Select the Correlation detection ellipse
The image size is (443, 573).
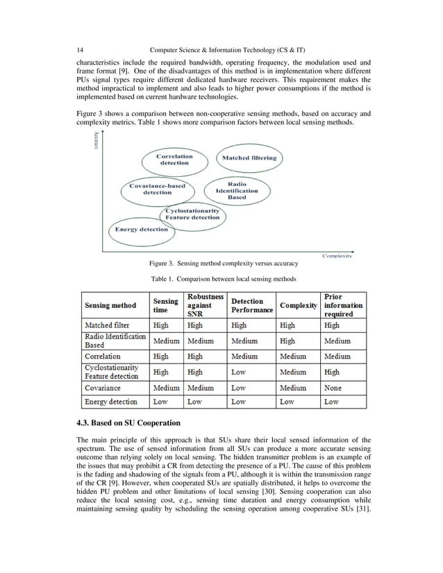(174, 160)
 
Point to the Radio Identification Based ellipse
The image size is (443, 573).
(237, 191)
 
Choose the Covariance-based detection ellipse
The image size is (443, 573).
(158, 189)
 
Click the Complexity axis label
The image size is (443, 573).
(337, 256)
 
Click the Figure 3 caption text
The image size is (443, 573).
(224, 264)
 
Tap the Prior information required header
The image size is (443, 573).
(343, 305)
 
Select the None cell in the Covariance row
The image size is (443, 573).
(333, 388)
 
